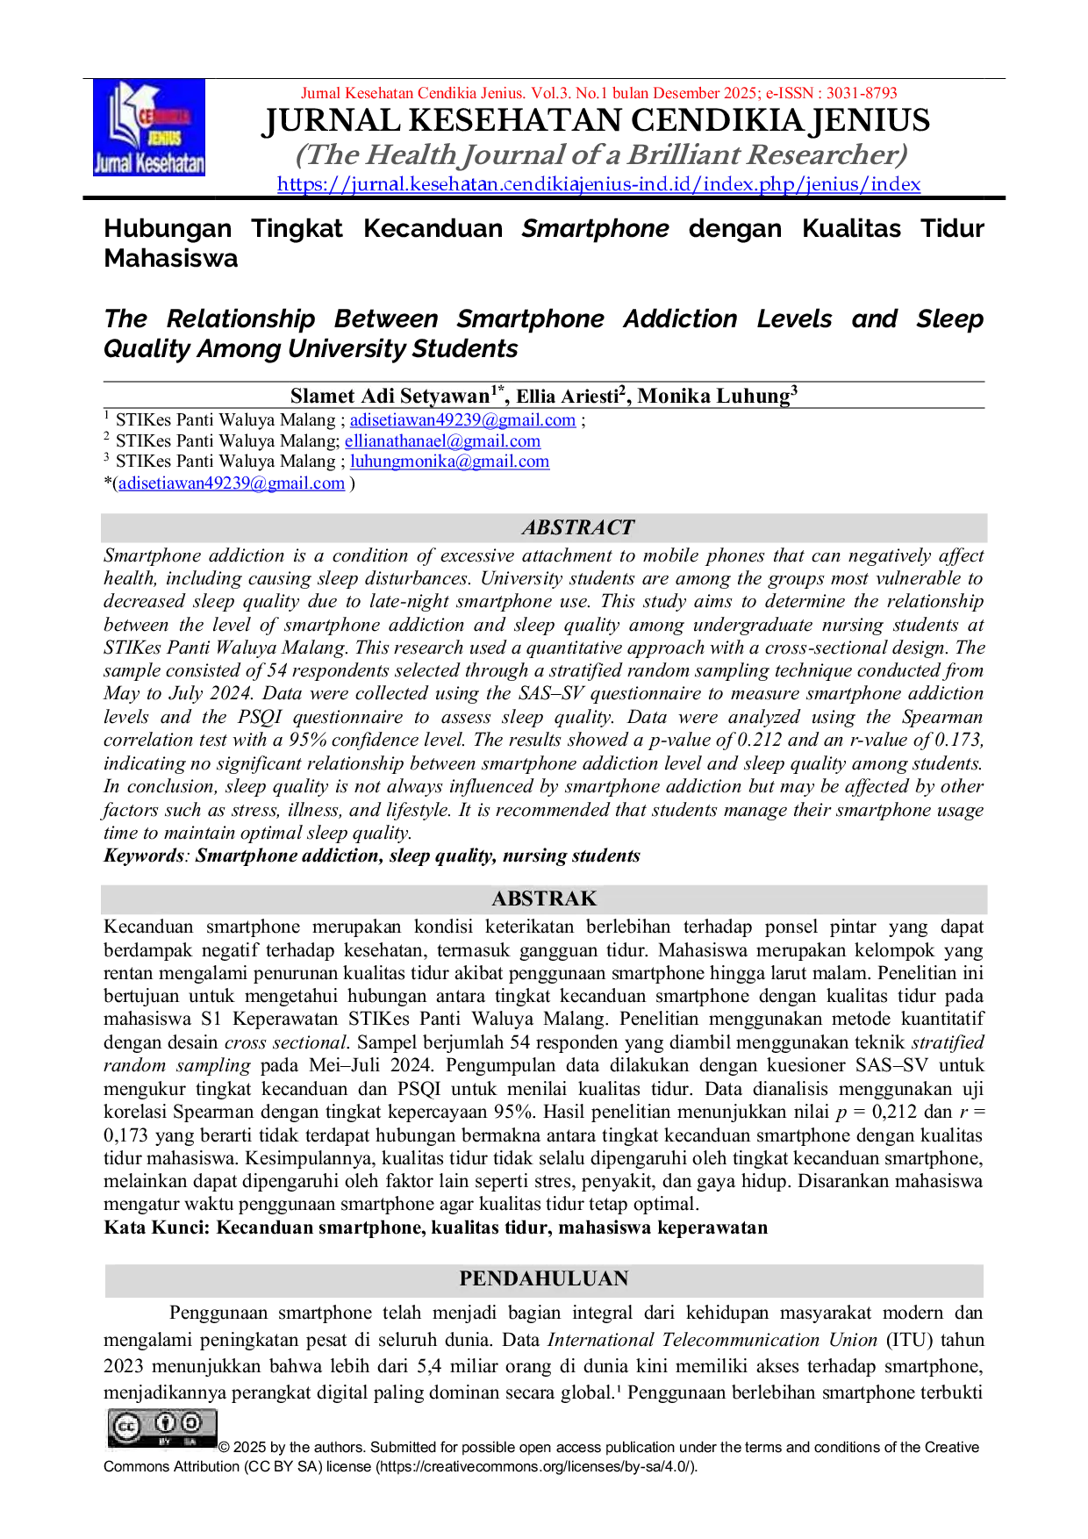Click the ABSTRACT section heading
577,527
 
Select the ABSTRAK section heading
544,898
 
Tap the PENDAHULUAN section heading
544,1278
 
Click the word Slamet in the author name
324,396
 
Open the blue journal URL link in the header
599,184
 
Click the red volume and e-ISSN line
599,93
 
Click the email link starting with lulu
450,462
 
